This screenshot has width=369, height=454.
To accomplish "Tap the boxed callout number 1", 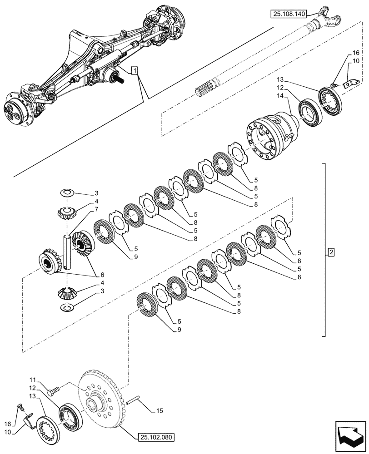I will coord(135,70).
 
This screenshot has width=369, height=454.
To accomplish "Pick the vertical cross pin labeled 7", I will coord(67,252).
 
